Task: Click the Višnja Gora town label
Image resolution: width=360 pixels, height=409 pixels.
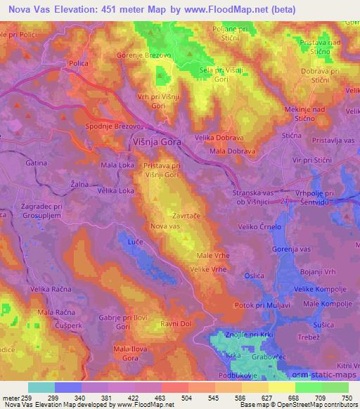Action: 157,141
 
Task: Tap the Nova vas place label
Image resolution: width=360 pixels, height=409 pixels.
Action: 165,226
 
